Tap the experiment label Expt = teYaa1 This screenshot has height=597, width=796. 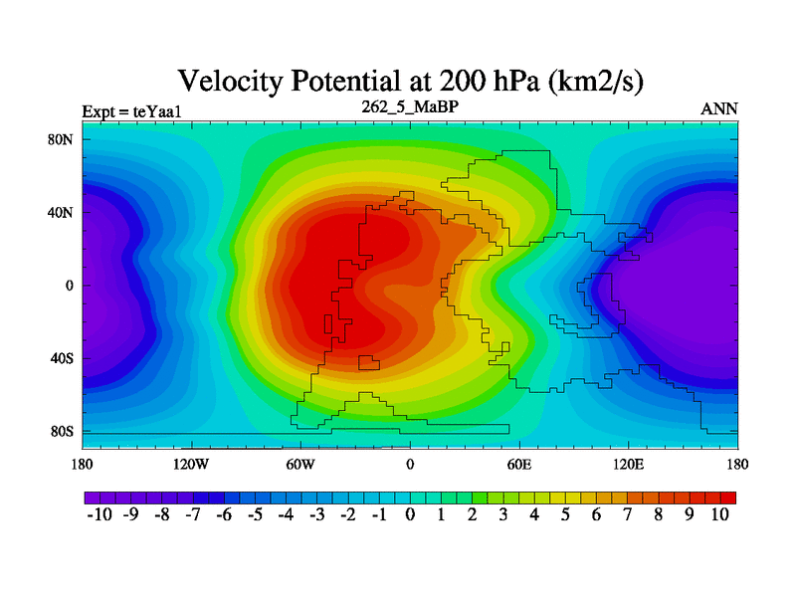127,110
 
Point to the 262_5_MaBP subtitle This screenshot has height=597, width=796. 409,105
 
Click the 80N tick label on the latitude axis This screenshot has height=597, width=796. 62,139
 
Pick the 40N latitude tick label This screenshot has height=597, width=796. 62,212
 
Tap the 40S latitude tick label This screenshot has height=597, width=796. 62,358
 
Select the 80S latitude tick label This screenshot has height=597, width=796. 62,432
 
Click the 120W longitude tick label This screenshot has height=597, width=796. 190,464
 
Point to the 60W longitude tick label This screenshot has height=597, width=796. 300,464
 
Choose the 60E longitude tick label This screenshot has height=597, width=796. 519,464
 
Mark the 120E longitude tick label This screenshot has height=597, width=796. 628,464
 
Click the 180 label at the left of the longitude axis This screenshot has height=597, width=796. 82,464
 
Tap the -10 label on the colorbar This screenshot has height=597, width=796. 100,515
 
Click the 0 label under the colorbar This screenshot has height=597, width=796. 410,515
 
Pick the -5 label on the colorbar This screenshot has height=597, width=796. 255,515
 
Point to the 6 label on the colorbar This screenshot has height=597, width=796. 596,515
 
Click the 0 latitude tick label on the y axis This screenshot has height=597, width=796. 70,286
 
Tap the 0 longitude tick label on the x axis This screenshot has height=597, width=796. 410,464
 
